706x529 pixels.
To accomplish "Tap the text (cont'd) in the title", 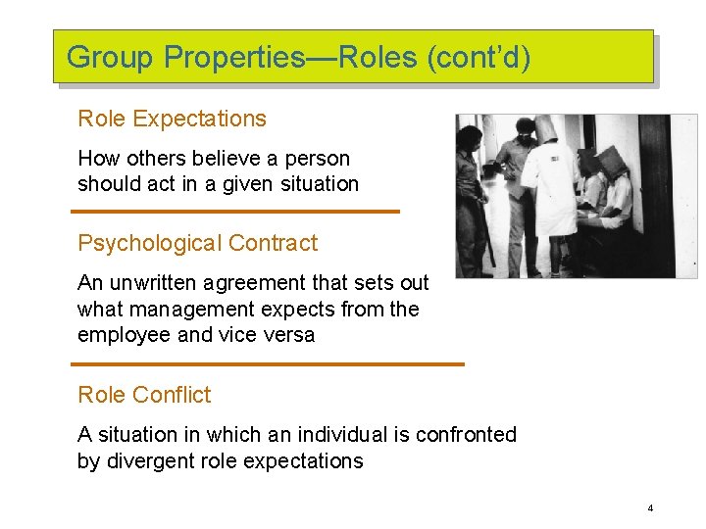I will click(479, 58).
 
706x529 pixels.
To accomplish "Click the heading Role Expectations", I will click(172, 120).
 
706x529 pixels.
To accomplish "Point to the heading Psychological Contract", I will click(197, 243).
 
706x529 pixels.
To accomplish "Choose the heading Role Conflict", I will click(144, 395).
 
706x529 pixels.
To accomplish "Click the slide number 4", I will click(650, 508).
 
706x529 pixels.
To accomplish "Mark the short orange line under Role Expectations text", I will click(235, 211).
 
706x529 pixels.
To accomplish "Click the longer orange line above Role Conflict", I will click(267, 364).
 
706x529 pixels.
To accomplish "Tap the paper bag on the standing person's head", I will click(545, 128).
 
